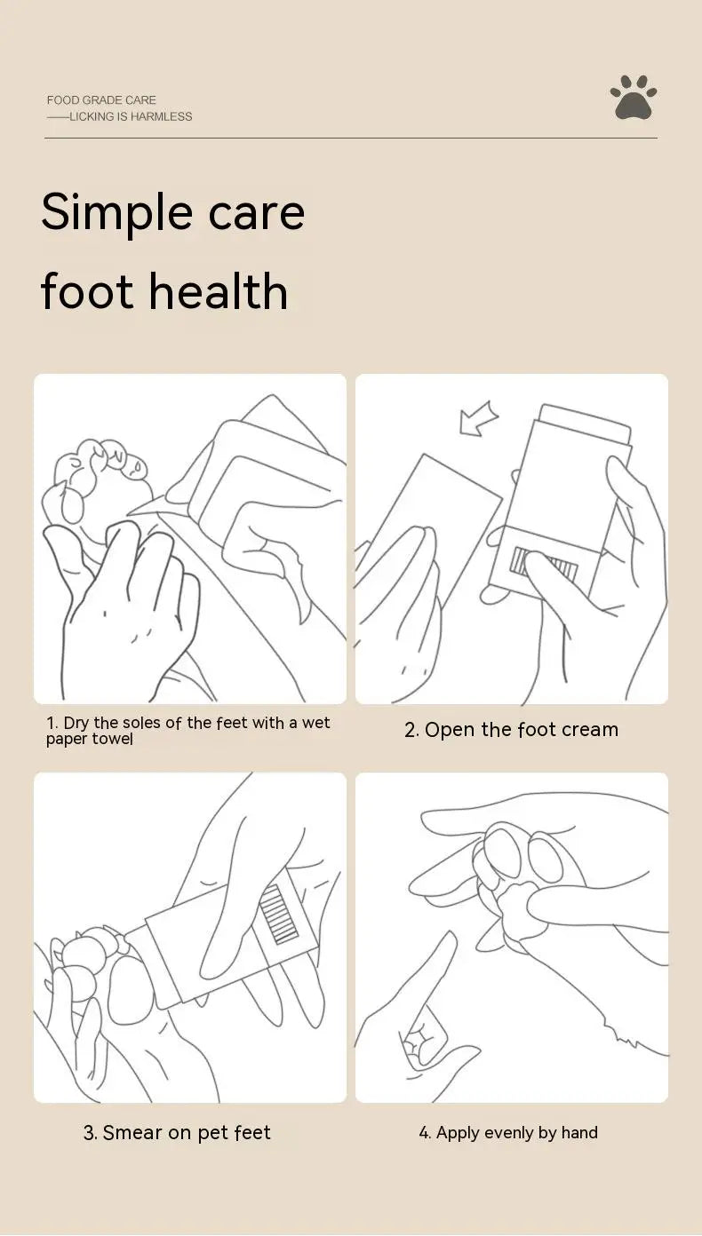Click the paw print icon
point(634,98)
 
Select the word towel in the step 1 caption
point(114,738)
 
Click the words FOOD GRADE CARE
point(101,99)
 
